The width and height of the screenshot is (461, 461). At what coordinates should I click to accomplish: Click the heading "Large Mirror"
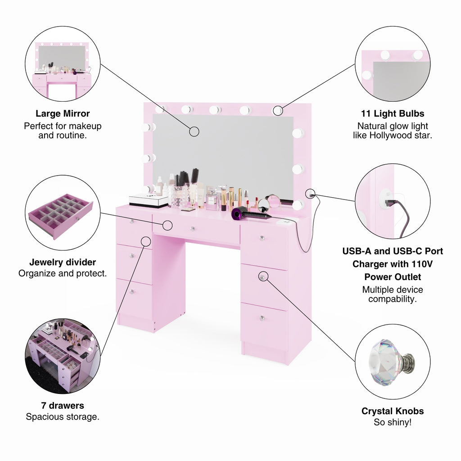pos(63,113)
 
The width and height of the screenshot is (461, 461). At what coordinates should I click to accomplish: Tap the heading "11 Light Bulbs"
pos(393,113)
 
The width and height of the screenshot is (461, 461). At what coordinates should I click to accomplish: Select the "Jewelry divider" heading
pos(63,262)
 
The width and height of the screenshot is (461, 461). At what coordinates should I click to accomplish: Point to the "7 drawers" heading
pos(63,406)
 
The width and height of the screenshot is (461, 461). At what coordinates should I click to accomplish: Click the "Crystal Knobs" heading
pos(393,411)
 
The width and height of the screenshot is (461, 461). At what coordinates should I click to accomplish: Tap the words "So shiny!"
pos(393,422)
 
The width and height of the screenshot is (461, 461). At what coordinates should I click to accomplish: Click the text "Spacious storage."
pos(63,417)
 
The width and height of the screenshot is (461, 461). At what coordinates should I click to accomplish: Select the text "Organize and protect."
pos(63,273)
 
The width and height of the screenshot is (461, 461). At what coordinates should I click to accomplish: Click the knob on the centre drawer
pos(192,229)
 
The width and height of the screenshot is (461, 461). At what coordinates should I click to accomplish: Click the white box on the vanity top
pos(149,199)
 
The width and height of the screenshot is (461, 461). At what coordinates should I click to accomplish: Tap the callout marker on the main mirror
pos(194,131)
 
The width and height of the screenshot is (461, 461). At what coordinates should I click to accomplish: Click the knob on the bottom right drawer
pos(262,318)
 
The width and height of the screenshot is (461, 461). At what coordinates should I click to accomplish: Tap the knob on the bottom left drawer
pos(132,291)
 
